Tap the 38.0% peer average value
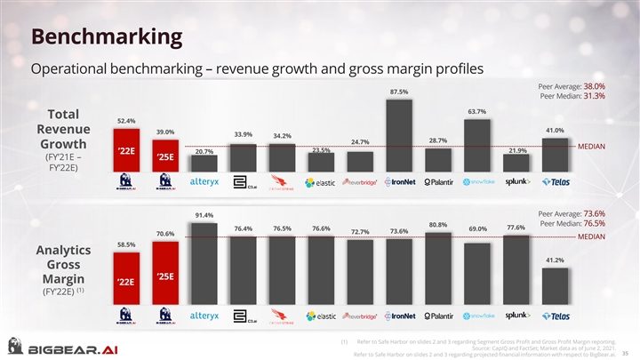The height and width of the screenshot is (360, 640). [x=594, y=86]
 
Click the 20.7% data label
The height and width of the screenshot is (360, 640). [x=204, y=151]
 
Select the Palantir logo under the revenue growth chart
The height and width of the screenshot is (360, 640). [x=438, y=182]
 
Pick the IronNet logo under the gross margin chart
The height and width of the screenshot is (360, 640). [x=399, y=316]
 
